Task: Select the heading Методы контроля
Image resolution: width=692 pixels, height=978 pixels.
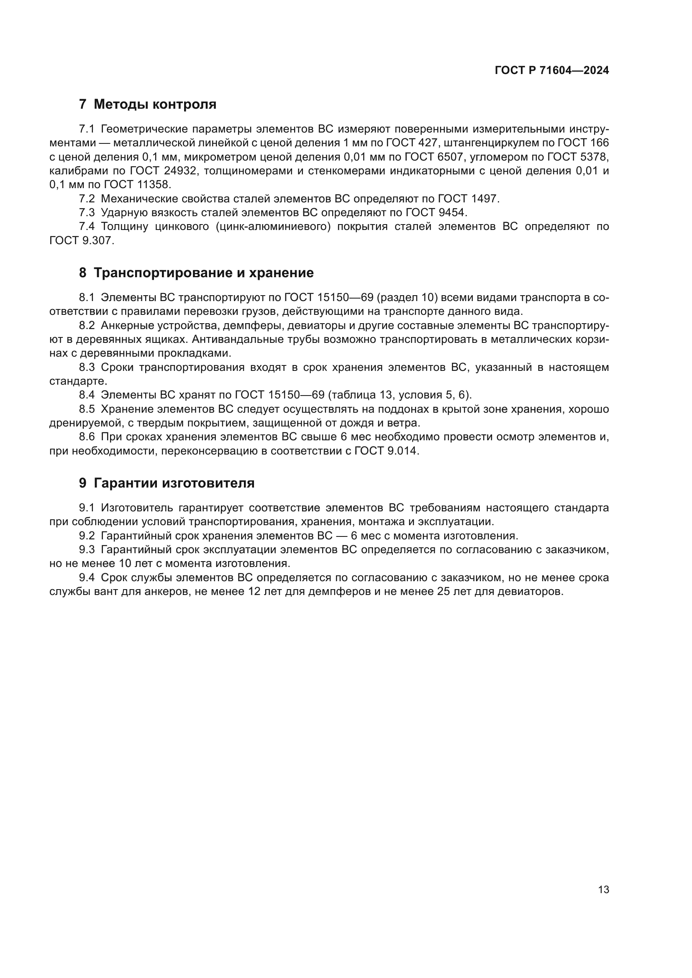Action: point(155,105)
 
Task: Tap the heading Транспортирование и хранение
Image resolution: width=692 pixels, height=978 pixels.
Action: point(203,273)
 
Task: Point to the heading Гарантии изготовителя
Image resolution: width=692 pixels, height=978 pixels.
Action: point(174,483)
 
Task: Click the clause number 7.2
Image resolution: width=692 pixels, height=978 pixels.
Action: point(87,199)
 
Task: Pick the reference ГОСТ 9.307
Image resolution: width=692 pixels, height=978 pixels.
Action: point(81,240)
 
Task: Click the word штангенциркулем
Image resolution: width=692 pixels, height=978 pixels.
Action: point(488,143)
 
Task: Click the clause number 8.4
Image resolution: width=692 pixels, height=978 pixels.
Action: point(87,395)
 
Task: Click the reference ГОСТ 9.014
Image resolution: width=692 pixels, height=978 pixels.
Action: point(386,451)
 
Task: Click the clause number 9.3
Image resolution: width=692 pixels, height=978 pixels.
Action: point(87,549)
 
